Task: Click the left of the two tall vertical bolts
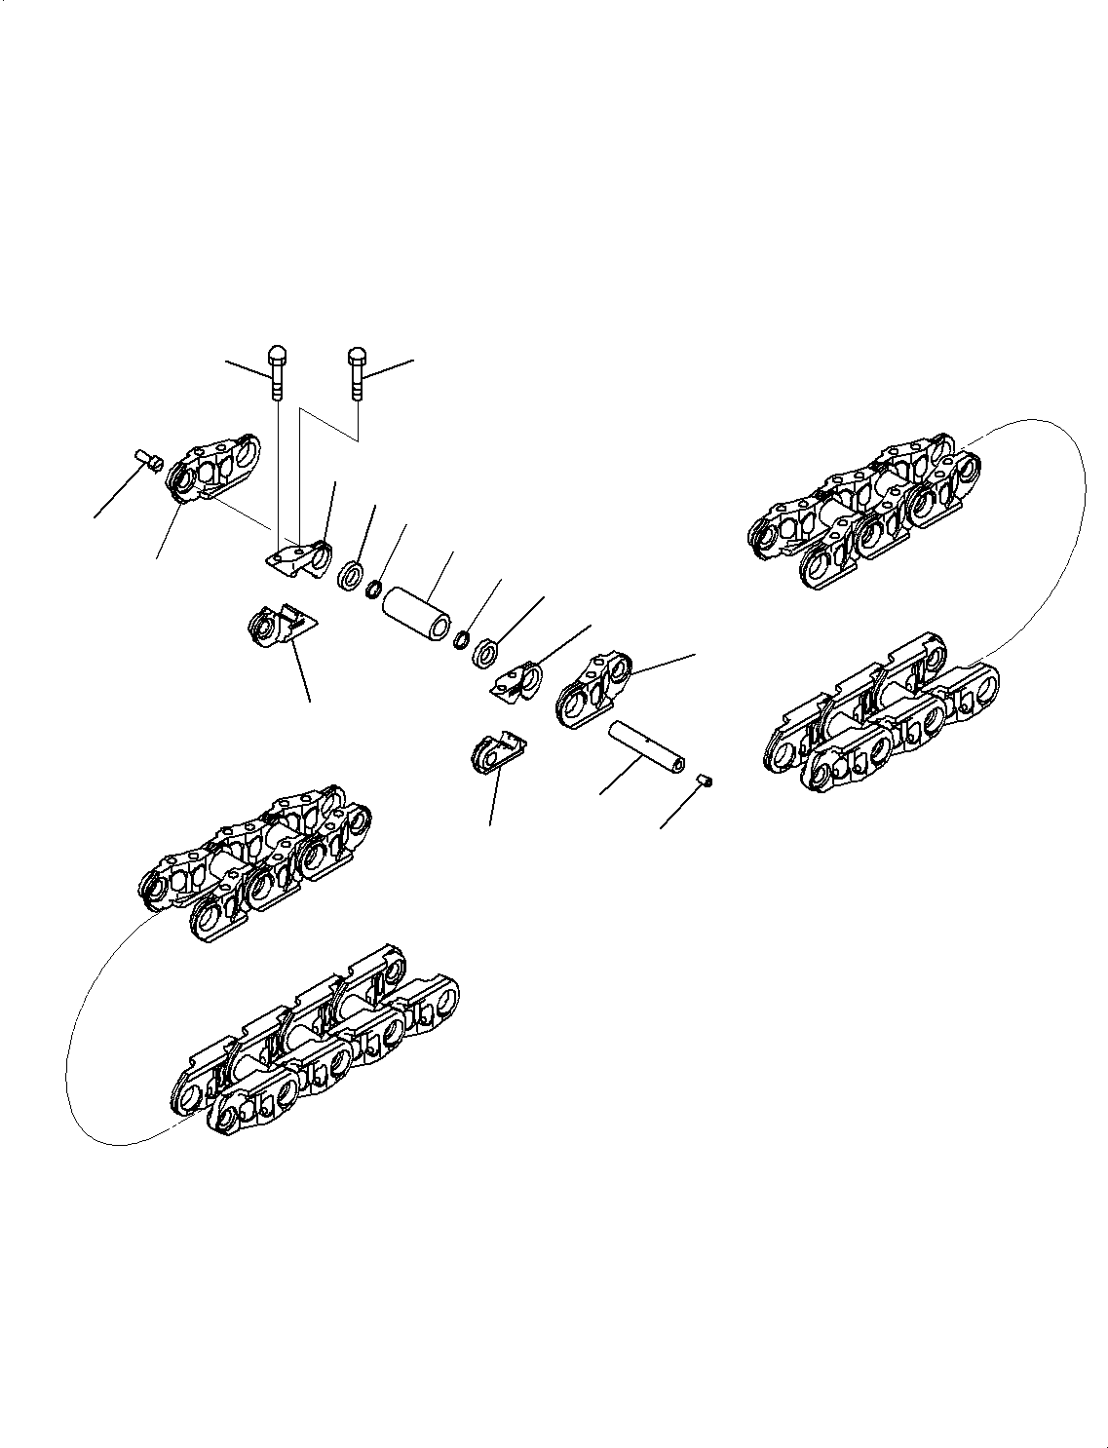click(x=277, y=374)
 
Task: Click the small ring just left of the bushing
click(x=372, y=590)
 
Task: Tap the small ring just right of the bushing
click(x=462, y=639)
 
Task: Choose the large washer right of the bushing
click(x=485, y=653)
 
